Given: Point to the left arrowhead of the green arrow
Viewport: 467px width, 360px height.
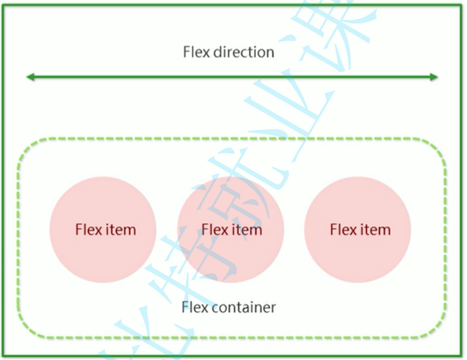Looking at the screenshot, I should tap(30, 78).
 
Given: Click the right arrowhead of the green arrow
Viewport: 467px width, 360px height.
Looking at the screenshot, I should tap(435, 78).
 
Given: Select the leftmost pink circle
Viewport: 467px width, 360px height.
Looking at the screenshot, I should tap(103, 229).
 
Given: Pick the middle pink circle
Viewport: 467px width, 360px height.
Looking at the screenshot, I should tap(231, 229).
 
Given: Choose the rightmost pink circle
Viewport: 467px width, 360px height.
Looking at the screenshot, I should tap(358, 229).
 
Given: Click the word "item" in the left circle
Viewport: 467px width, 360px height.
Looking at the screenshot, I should tap(119, 230).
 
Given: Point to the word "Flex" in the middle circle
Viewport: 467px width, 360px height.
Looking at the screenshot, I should tap(214, 230).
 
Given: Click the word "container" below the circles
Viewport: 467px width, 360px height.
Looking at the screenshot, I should tap(243, 307).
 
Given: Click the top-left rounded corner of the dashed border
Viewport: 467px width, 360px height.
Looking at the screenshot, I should tap(27, 148).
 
